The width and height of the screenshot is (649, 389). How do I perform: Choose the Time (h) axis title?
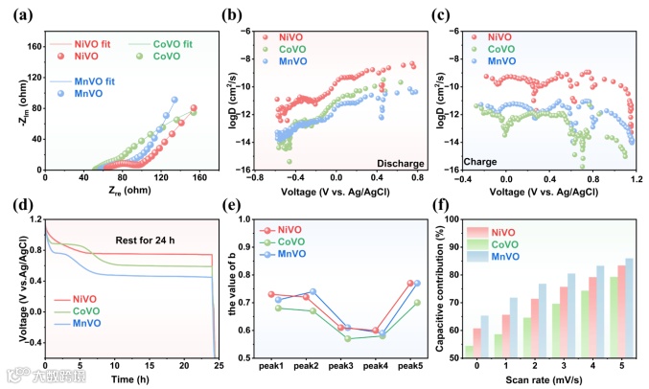(x=131, y=379)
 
